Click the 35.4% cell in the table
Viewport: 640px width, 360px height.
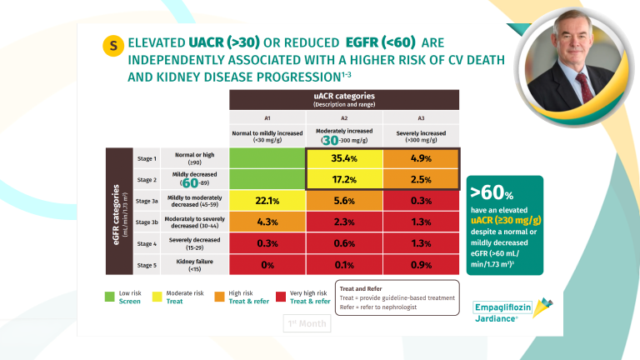click(343, 158)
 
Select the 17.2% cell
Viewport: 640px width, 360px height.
click(343, 179)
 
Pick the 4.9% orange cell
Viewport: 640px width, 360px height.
click(420, 158)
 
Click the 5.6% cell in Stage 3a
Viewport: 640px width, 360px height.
click(343, 201)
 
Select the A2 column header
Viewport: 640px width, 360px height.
click(343, 118)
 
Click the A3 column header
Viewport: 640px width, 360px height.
click(420, 118)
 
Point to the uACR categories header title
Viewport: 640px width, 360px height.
click(343, 97)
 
